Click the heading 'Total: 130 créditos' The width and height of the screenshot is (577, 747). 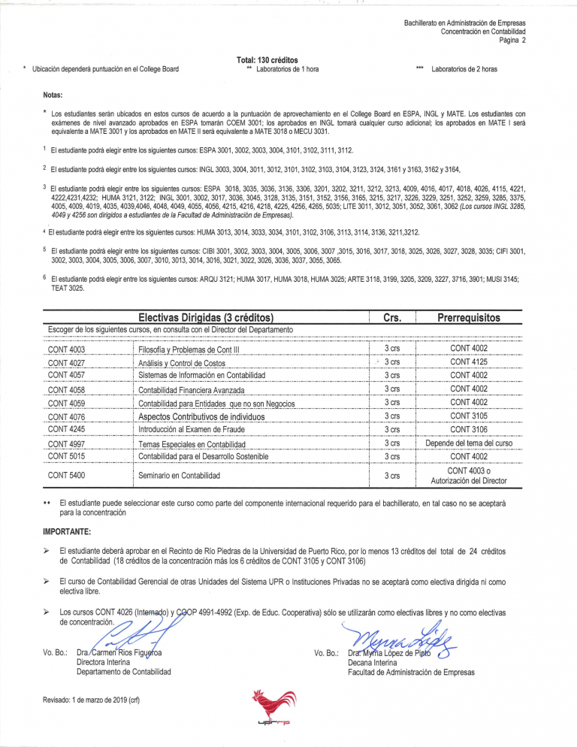(267, 59)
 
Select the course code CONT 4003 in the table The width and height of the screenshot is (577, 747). (66, 349)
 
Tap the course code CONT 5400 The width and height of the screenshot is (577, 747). (66, 476)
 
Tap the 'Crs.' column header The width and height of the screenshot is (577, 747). (391, 318)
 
